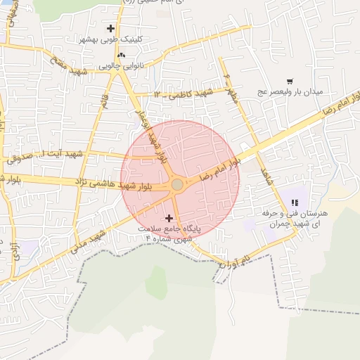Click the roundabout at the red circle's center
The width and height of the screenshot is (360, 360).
click(x=178, y=184)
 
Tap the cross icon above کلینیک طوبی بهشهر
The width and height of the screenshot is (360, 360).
click(x=110, y=29)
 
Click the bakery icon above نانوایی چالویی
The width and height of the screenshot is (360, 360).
click(x=122, y=55)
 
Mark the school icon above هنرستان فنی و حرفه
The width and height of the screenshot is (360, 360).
click(x=294, y=202)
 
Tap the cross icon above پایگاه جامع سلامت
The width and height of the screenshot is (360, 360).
click(x=168, y=219)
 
